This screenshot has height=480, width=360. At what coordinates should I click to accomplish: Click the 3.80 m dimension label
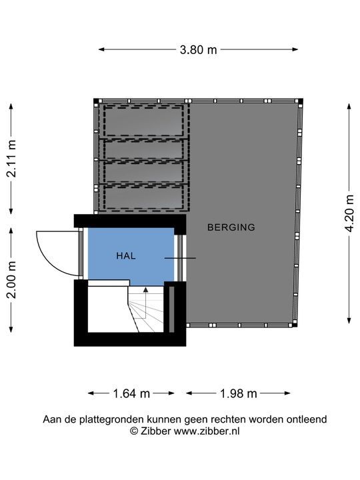coord(198,49)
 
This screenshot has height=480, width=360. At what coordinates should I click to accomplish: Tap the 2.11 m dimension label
coord(11,159)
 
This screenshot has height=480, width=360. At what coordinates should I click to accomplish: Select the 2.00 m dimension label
coord(11,280)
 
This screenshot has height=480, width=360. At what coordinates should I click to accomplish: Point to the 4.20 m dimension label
coord(349,213)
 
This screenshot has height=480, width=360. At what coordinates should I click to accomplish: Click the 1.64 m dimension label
coord(131,393)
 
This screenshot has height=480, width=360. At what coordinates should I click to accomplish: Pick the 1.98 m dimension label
coord(239,393)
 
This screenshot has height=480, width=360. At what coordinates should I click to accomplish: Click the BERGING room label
coord(231,227)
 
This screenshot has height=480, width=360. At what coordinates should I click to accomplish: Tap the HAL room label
coord(126,255)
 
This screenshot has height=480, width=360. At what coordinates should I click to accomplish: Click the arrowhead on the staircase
coord(146,289)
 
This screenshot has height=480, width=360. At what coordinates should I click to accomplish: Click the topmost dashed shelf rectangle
coord(143,121)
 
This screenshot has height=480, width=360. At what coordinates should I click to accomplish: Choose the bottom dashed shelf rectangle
coord(143,197)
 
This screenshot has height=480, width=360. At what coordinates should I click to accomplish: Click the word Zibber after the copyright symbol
coord(155,431)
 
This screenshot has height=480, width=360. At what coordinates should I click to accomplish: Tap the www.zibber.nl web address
coord(207,431)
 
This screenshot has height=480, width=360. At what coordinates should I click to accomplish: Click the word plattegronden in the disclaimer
coord(112,419)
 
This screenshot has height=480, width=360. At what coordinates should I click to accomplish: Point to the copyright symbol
coord(134,431)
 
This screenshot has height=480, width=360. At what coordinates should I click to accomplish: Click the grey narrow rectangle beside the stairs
coord(171,309)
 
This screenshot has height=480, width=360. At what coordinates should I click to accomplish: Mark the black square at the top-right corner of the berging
coord(301,101)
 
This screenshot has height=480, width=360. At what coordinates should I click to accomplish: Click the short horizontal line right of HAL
coord(180,258)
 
